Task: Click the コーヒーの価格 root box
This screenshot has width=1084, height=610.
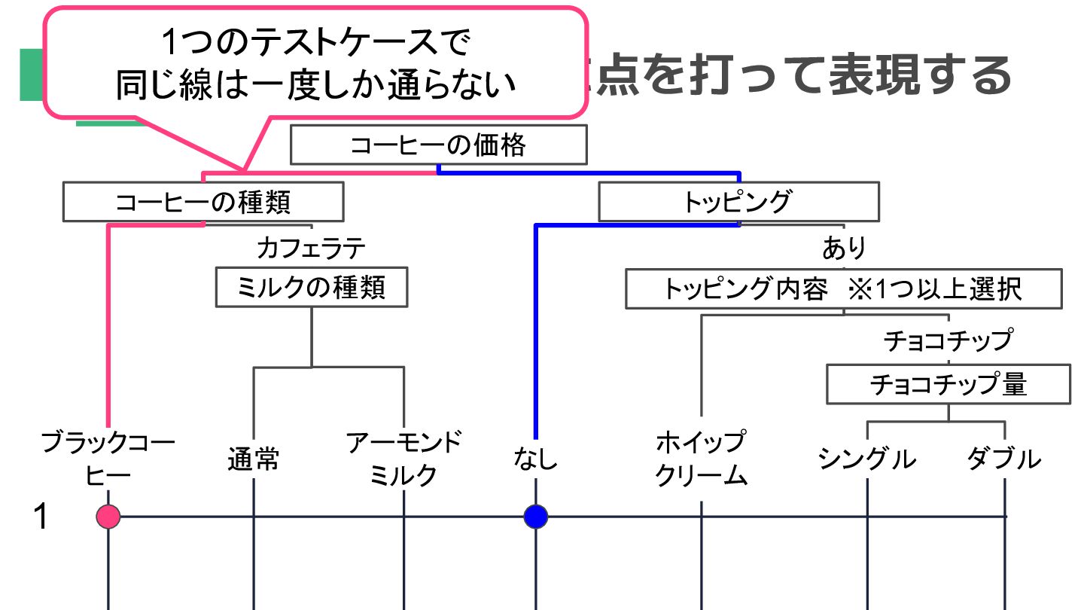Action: pyautogui.click(x=438, y=145)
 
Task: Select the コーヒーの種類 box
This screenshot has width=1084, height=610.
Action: pyautogui.click(x=203, y=202)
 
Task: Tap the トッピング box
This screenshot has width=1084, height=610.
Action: pyautogui.click(x=738, y=202)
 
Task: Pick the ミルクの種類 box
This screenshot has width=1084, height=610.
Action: pyautogui.click(x=312, y=287)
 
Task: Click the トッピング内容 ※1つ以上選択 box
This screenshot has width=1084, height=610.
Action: pyautogui.click(x=843, y=289)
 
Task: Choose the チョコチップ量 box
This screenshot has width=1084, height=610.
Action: pyautogui.click(x=948, y=385)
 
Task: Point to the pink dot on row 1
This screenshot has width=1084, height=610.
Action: pyautogui.click(x=109, y=517)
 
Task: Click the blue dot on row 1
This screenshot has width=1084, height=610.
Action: pyautogui.click(x=536, y=517)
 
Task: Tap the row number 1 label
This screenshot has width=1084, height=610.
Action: pyautogui.click(x=42, y=517)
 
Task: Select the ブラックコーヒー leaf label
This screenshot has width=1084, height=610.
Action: pyautogui.click(x=108, y=458)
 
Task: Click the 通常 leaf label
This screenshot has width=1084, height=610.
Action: pyautogui.click(x=254, y=459)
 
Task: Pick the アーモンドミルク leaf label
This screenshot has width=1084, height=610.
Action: pyautogui.click(x=404, y=458)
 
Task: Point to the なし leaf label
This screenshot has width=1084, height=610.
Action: pyautogui.click(x=536, y=458)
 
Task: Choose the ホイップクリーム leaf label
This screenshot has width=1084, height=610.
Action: pyautogui.click(x=701, y=458)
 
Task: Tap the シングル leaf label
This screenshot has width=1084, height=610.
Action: pyautogui.click(x=867, y=459)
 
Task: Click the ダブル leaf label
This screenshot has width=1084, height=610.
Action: pyautogui.click(x=1004, y=459)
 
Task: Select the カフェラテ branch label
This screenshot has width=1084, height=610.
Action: pyautogui.click(x=311, y=247)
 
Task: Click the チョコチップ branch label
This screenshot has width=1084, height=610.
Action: pyautogui.click(x=948, y=340)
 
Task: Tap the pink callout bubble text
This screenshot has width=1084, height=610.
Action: pyautogui.click(x=315, y=64)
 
